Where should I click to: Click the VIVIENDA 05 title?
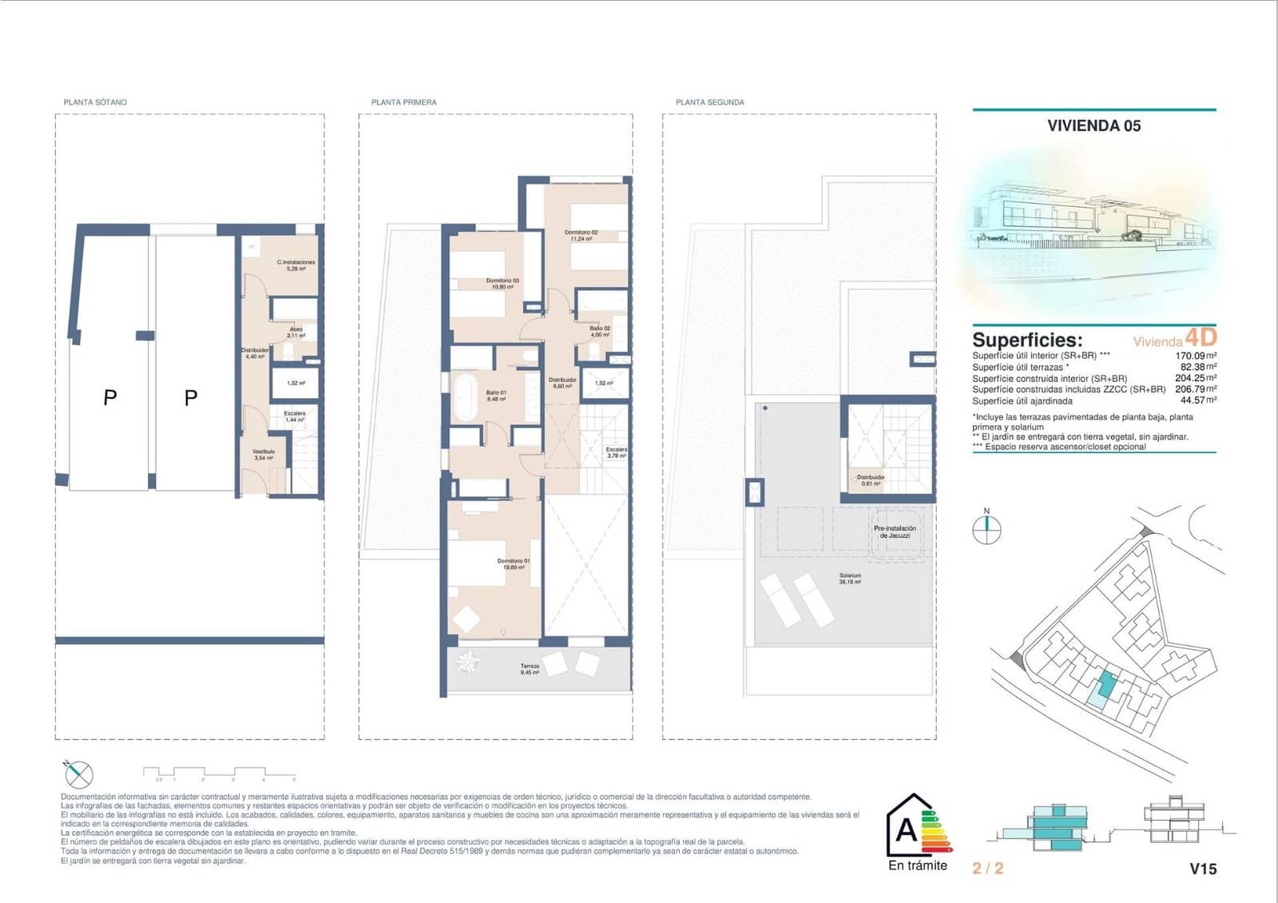point(1093,125)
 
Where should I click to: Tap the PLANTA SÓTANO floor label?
point(95,102)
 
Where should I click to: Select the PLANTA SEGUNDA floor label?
point(709,102)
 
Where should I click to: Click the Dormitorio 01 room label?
point(513,564)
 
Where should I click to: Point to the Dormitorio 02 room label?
point(581,236)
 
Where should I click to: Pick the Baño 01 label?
point(496,396)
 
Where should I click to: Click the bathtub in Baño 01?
point(463,396)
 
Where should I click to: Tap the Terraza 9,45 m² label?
point(530,669)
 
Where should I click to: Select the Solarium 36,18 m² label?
point(850,579)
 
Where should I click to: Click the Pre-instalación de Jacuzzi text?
point(895,531)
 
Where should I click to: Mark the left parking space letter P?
point(110,397)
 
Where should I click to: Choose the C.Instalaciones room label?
point(296,265)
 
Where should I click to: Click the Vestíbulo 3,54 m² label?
point(264,455)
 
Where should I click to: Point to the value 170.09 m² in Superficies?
point(1195,356)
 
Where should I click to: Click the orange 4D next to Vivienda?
point(1201,337)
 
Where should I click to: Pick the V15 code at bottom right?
point(1203,869)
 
